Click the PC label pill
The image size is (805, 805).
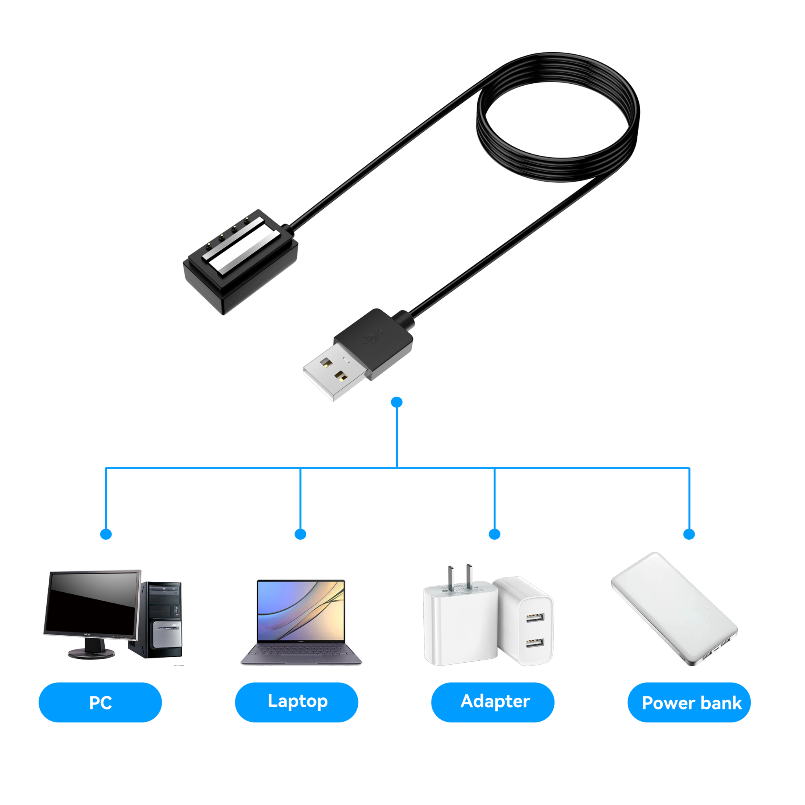100,702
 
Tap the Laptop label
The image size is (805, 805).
297,702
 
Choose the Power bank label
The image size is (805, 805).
691,703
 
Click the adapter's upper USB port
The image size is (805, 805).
535,617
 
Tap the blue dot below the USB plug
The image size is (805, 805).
397,402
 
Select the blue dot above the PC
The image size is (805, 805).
106,534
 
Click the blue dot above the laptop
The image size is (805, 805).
300,534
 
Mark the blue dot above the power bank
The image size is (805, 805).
689,534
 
